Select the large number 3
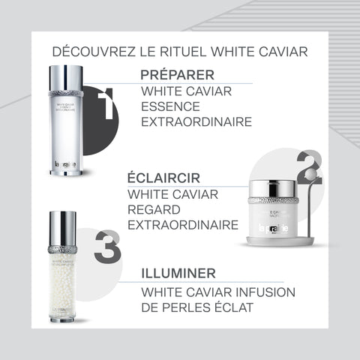[107, 247]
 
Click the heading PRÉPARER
[178, 75]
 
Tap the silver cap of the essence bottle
[65, 78]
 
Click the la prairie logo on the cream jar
[273, 229]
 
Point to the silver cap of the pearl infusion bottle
[62, 227]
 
